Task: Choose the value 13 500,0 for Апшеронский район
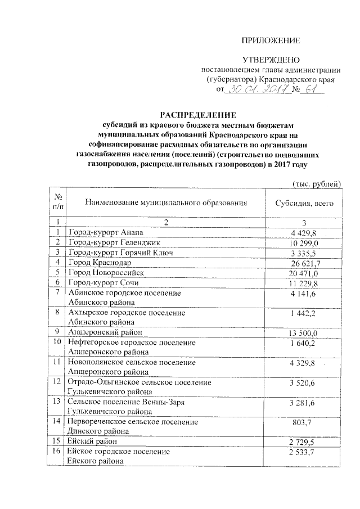[305, 332]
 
